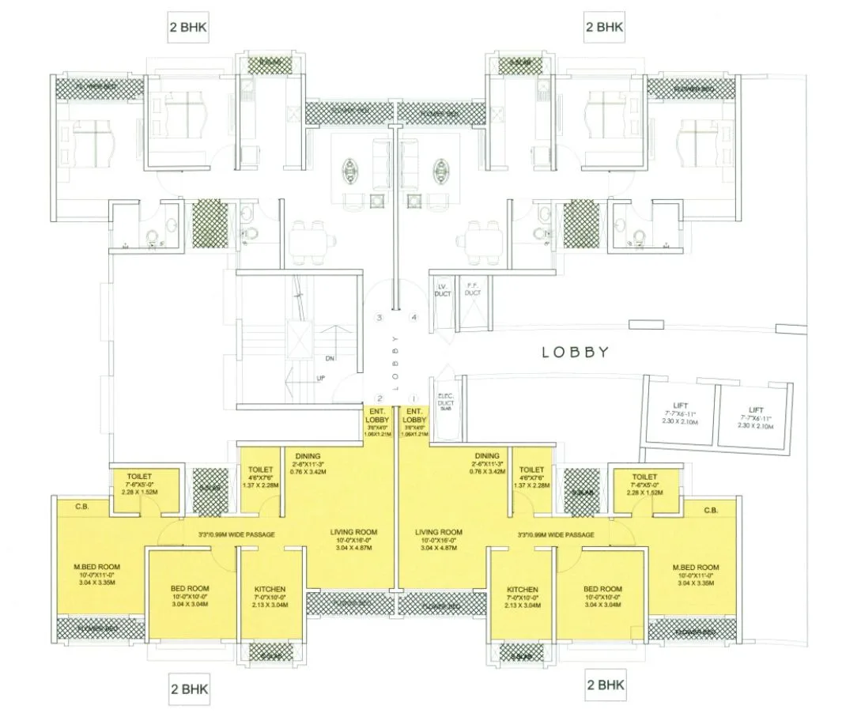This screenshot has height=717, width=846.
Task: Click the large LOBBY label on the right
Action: tap(575, 353)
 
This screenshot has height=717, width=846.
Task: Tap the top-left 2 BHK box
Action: tap(189, 26)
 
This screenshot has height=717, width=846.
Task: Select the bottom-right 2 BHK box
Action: tap(605, 683)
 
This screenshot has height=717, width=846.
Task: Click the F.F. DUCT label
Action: tap(473, 289)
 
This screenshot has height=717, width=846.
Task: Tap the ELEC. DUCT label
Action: tap(443, 402)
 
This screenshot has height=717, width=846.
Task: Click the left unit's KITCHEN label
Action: tap(270, 590)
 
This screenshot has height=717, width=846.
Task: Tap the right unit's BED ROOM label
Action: tap(602, 590)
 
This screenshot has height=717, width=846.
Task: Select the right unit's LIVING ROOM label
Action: tap(438, 533)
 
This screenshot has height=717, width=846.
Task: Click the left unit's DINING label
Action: tap(307, 456)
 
